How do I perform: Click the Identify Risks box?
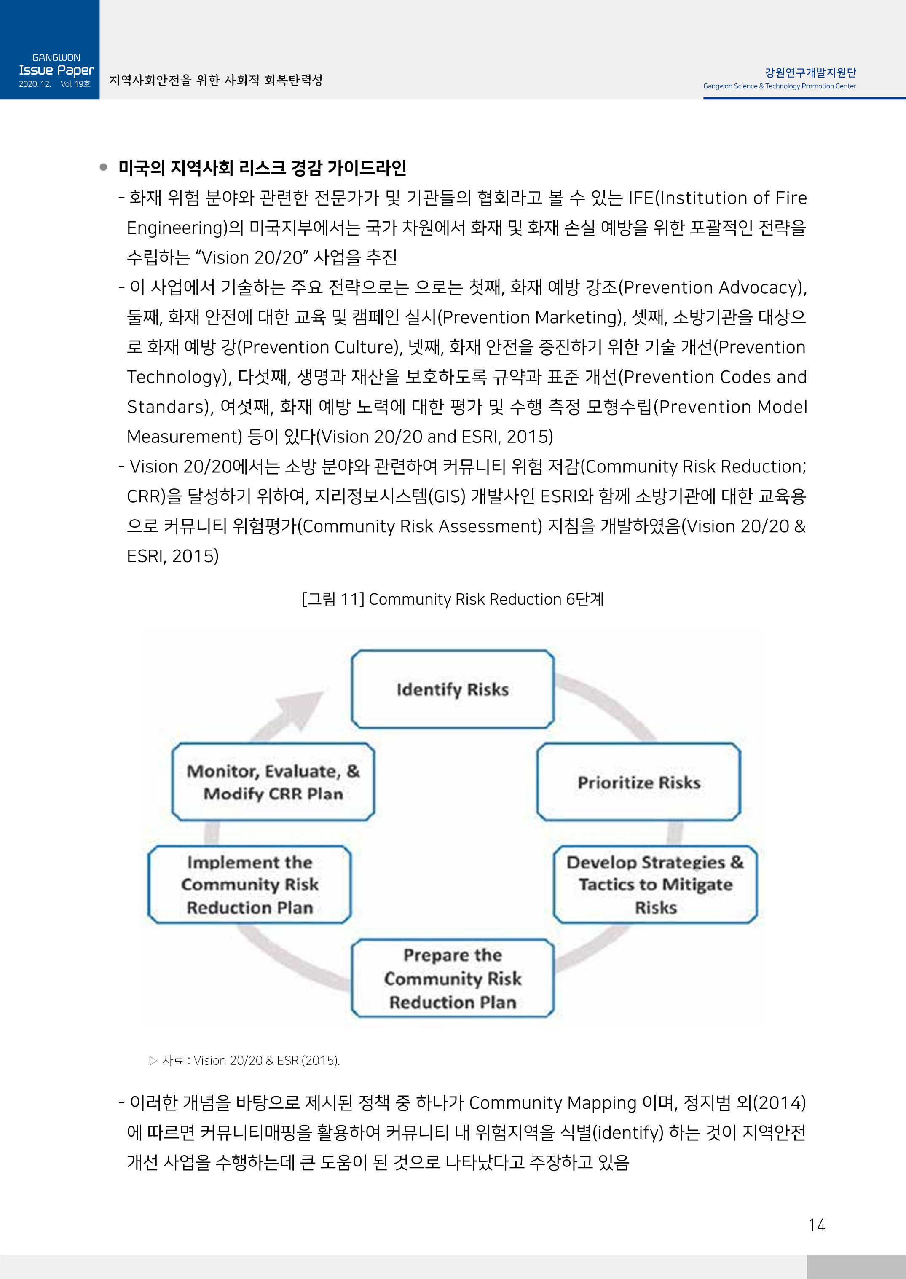coord(453,689)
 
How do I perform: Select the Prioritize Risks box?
coord(639,782)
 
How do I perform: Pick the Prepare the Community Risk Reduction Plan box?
coord(453,979)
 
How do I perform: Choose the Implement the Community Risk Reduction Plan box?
coord(249,885)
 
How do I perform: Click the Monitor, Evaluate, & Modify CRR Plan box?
coord(273,782)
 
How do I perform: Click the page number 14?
coord(817,1225)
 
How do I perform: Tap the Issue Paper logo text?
coord(56,70)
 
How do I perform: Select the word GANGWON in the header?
coord(56,57)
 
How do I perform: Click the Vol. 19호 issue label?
coord(75,84)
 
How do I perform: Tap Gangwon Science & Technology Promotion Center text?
coord(779,86)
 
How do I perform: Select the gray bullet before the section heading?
coord(103,167)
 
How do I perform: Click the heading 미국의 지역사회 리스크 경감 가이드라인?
coord(262,167)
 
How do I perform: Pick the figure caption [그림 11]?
coord(333,599)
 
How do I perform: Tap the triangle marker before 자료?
coord(153,1060)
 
